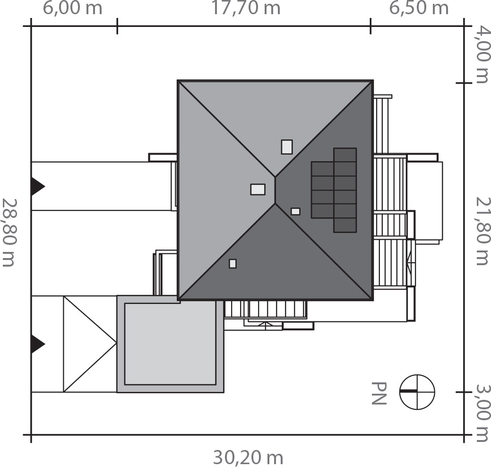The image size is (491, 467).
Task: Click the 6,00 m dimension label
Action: (72, 8)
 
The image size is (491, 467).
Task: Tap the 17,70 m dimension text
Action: (246, 8)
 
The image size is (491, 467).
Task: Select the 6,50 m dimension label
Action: (419, 8)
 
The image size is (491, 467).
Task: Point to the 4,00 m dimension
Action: (482, 55)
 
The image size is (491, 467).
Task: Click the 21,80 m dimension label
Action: (482, 231)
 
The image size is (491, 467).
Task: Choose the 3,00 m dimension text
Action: (482, 413)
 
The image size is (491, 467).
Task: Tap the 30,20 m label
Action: (248, 458)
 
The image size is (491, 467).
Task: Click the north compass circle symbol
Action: (417, 392)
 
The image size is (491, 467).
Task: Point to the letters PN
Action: (379, 393)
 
